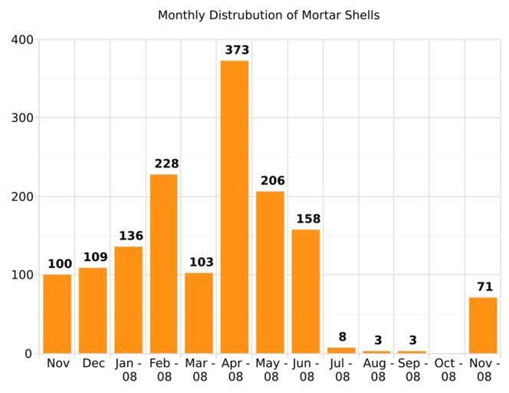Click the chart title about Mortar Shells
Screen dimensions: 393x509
(x=268, y=15)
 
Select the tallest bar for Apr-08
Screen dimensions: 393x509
(x=235, y=207)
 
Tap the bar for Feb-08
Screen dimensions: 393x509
(x=163, y=264)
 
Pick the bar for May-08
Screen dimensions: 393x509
(x=270, y=272)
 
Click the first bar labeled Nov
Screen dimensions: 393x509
(x=57, y=314)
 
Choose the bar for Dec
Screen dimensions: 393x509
(x=93, y=311)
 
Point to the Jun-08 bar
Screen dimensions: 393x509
(x=306, y=292)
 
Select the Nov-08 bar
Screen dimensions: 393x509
(x=483, y=325)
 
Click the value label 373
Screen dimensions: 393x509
(x=238, y=51)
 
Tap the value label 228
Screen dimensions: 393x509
(x=166, y=164)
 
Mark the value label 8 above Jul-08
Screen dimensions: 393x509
(x=342, y=337)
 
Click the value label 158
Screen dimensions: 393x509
(x=308, y=220)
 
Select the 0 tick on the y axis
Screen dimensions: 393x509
(x=28, y=354)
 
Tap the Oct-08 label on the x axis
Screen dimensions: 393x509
(x=448, y=370)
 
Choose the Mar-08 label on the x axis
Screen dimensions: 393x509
(x=199, y=370)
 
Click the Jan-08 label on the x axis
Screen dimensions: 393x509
(x=129, y=370)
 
